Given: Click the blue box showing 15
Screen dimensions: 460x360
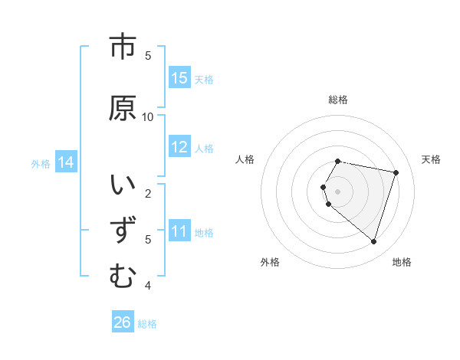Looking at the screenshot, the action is [x=179, y=78].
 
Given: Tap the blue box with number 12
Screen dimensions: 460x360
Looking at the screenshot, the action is [x=179, y=147].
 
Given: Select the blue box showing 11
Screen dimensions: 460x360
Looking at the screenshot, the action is [x=179, y=231].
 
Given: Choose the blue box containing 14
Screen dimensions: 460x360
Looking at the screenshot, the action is [x=66, y=162].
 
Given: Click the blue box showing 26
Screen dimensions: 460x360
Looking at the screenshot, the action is [x=123, y=322].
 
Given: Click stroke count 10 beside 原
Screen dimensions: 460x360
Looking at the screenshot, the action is [x=148, y=116].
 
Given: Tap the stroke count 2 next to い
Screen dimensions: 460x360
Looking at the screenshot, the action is [x=148, y=193].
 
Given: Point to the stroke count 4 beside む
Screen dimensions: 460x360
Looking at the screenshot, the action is [x=148, y=286].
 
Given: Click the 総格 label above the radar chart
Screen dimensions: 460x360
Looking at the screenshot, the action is [x=338, y=100].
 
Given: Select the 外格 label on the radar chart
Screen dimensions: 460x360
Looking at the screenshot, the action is [x=270, y=262].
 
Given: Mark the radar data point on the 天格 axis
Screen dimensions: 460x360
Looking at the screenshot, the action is [x=396, y=172].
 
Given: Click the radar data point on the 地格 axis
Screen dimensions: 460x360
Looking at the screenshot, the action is [x=373, y=242].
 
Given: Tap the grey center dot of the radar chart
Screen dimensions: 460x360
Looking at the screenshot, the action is [x=338, y=191].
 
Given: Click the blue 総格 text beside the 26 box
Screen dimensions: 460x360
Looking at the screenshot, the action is [x=147, y=324].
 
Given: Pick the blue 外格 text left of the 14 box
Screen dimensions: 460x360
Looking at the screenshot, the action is [x=41, y=163].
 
